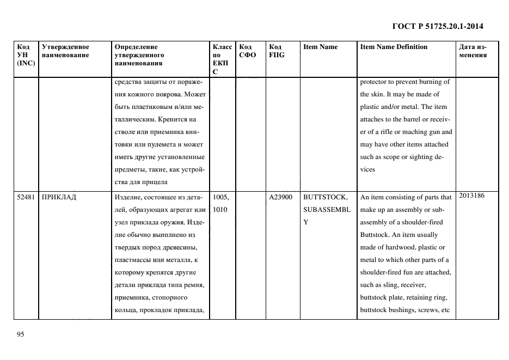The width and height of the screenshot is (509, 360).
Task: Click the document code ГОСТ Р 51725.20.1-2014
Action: click(437, 26)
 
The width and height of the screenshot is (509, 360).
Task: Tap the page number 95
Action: click(21, 334)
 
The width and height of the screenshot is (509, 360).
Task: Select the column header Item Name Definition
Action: click(394, 47)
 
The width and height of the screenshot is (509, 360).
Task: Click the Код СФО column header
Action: click(247, 51)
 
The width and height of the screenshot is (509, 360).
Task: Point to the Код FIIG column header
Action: click(277, 51)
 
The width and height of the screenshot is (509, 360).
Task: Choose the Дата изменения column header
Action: click(473, 51)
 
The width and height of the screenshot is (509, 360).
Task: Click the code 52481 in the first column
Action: click(26, 197)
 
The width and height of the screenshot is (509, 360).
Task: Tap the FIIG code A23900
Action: click(281, 197)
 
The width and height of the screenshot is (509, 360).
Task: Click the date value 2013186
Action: click(472, 196)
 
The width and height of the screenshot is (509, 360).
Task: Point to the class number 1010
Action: click(219, 210)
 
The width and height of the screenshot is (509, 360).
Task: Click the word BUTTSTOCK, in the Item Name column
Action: click(325, 197)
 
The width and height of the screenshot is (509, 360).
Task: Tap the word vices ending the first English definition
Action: click(367, 169)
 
